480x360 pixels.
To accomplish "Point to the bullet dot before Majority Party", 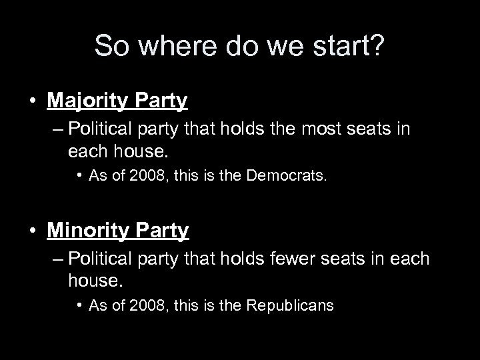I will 31,101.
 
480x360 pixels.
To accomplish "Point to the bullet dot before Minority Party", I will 31,231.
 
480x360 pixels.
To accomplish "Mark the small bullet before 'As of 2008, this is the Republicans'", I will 78,305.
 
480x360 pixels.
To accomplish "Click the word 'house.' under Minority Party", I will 96,281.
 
